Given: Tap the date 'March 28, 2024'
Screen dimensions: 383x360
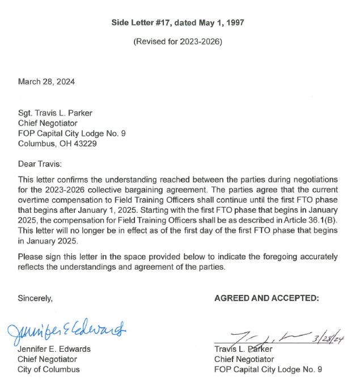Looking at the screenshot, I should click(x=46, y=82).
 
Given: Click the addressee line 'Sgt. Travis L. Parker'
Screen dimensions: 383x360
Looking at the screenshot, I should click(x=56, y=113).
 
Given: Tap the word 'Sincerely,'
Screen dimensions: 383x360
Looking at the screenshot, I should click(x=35, y=298).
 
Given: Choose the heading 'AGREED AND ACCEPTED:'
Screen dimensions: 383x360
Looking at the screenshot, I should click(x=266, y=298).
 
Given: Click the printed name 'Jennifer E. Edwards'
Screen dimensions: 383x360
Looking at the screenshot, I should click(x=54, y=349).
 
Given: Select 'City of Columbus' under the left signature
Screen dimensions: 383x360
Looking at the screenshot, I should click(x=49, y=369).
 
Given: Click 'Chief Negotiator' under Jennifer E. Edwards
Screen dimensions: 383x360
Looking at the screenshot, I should click(x=48, y=359).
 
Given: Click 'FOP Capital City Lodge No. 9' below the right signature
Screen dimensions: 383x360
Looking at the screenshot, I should click(x=268, y=369).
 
